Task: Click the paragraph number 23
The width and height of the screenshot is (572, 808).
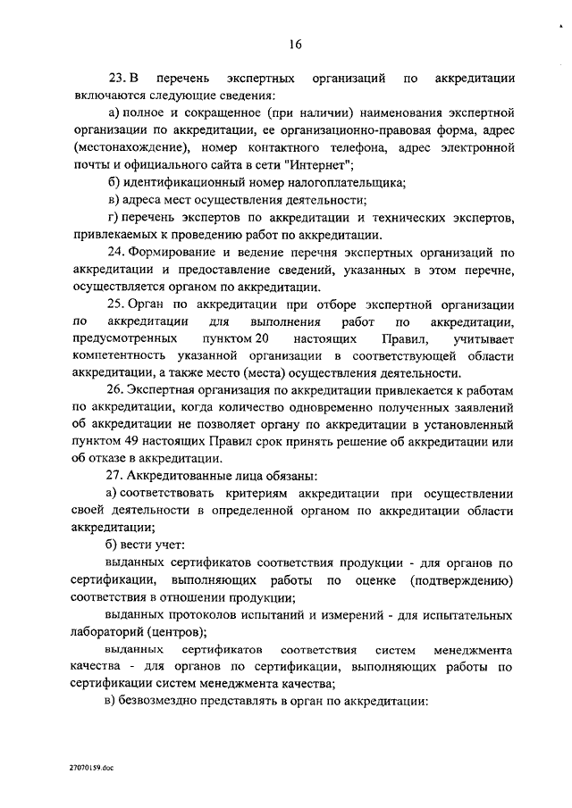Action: click(115, 80)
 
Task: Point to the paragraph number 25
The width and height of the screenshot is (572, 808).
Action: click(115, 305)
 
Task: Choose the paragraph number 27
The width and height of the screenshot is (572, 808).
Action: click(115, 477)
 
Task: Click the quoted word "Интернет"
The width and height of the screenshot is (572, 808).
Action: click(322, 166)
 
